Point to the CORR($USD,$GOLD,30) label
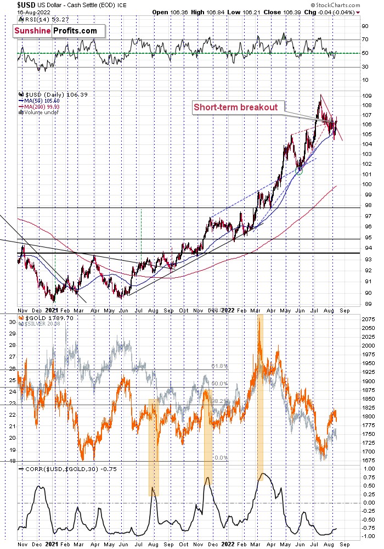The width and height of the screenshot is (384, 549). point(60,469)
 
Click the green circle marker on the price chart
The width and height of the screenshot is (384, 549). point(299,171)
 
